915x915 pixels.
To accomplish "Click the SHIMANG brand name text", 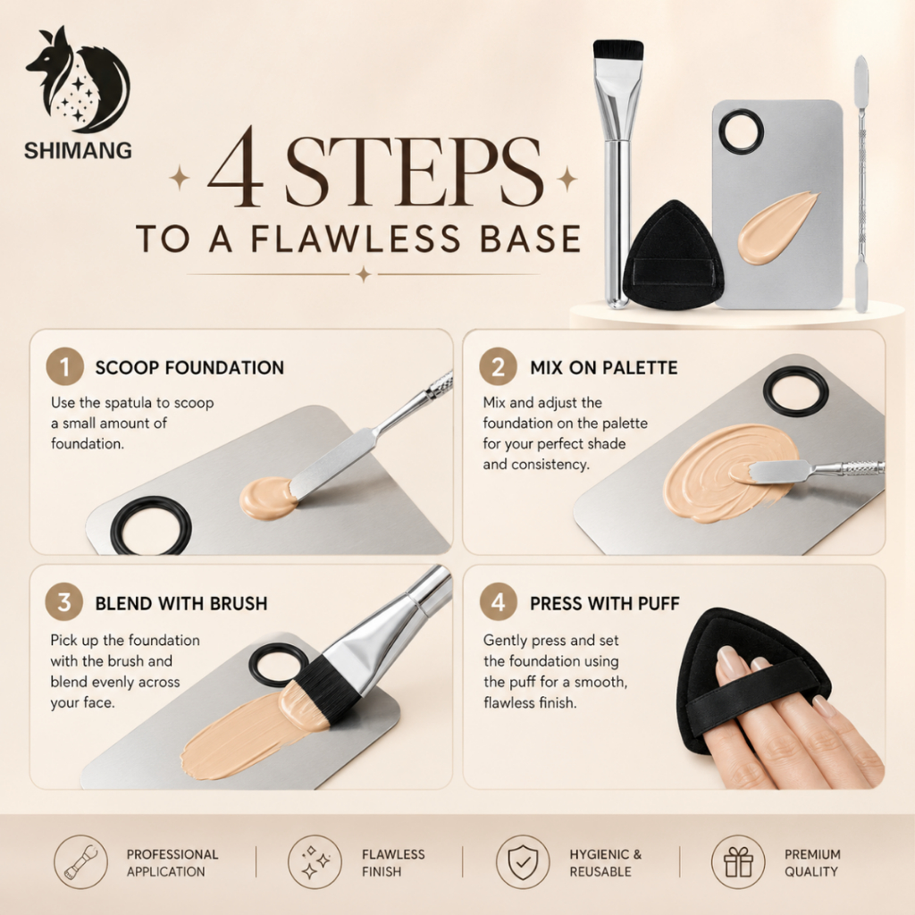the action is [x=78, y=150].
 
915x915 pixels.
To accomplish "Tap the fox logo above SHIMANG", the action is [x=78, y=80].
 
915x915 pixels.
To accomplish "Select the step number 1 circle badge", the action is [x=64, y=366].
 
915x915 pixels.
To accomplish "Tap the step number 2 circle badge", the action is [x=498, y=366].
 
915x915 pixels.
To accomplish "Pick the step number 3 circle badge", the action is [x=64, y=601].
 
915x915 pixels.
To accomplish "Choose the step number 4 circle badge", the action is [x=498, y=601].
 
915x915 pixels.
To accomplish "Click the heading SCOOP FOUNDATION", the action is [x=189, y=367].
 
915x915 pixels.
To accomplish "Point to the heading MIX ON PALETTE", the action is [x=604, y=367].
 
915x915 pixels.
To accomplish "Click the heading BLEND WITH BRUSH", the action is [x=181, y=603].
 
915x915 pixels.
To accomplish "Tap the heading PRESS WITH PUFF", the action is [x=605, y=603].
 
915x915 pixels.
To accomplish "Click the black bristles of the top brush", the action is [x=618, y=50].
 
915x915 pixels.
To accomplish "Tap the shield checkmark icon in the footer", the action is [x=522, y=862].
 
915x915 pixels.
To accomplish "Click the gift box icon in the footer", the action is [x=738, y=862].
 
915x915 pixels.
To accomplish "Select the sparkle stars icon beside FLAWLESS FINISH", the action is [x=315, y=862].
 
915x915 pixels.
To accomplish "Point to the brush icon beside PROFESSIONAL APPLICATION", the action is [x=81, y=862].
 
